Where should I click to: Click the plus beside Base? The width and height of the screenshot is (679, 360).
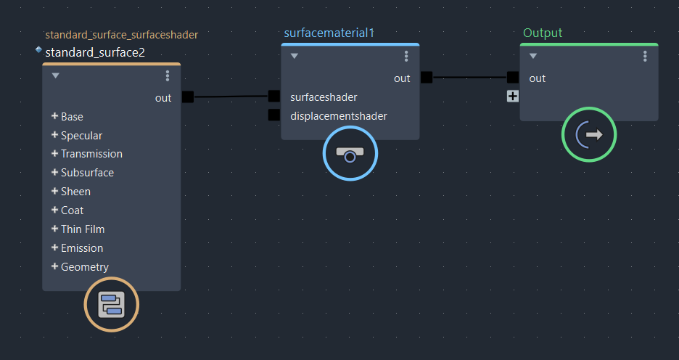point(54,116)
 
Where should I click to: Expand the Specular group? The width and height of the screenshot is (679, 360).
point(54,135)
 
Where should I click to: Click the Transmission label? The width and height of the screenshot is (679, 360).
point(91,154)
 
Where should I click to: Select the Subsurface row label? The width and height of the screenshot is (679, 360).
point(87,173)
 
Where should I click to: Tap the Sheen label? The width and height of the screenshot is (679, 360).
point(75,192)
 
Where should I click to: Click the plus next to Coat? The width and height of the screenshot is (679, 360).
point(54,210)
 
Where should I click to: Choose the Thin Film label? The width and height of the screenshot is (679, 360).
point(83,229)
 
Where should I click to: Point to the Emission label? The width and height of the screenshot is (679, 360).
point(82,248)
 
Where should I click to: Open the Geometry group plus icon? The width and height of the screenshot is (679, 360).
point(54,266)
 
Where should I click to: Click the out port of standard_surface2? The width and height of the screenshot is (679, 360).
point(188,97)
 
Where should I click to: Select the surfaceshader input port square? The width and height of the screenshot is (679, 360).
point(273,97)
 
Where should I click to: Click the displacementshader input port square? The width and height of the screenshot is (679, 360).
point(273,115)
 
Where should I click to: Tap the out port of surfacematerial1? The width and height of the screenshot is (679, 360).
point(427,78)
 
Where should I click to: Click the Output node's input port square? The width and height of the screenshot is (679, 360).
point(513,78)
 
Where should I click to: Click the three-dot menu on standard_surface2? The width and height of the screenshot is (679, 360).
point(168,75)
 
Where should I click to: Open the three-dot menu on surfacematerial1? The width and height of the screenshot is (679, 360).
point(406,57)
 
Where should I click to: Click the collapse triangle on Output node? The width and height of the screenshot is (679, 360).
point(533,57)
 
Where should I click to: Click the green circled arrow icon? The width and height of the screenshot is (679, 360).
point(589,134)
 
